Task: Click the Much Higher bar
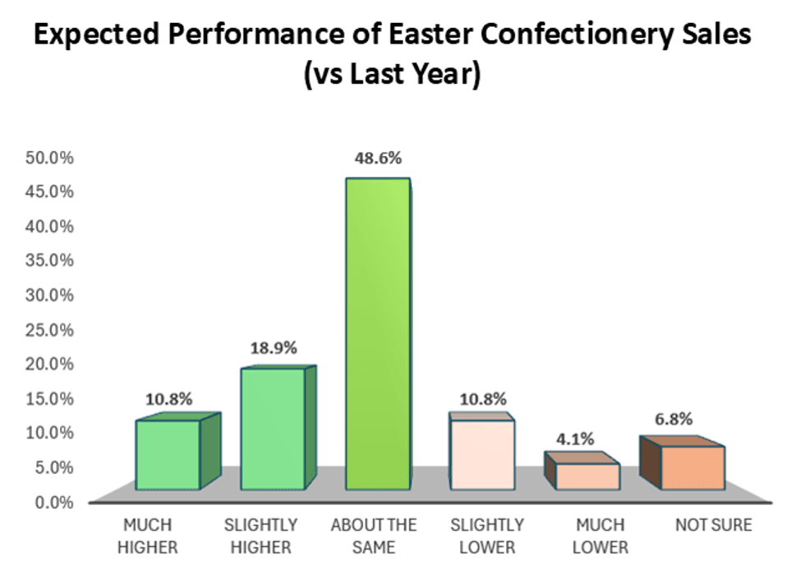(x=168, y=456)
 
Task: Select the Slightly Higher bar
(x=273, y=429)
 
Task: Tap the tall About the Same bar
(x=377, y=333)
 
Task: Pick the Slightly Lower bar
(x=482, y=456)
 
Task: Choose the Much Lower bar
(x=587, y=476)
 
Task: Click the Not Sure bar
(x=692, y=468)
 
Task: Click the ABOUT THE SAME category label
(x=374, y=535)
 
